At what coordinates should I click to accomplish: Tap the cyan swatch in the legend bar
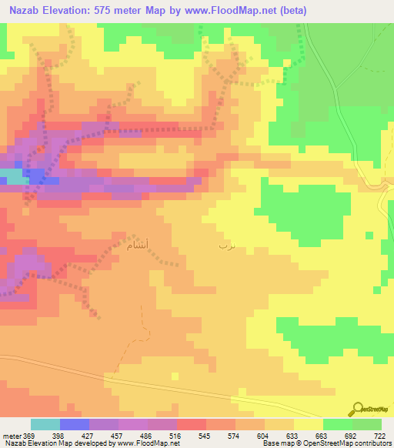tap(45, 424)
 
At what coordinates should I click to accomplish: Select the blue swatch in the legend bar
tap(74, 424)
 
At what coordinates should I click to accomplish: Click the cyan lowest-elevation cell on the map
tap(13, 176)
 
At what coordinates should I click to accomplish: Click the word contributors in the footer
tap(372, 443)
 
